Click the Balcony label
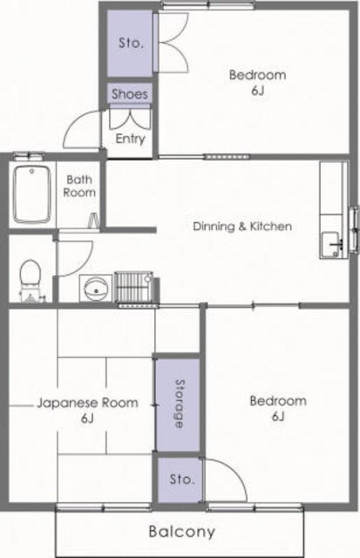tap(182, 532)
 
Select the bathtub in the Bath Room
tap(32, 194)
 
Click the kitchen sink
tap(331, 244)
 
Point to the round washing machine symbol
tap(96, 289)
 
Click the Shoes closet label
tap(130, 94)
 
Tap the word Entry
tap(130, 139)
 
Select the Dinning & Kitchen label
tap(242, 226)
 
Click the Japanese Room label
tap(87, 403)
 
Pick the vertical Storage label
tap(180, 404)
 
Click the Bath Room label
tap(79, 186)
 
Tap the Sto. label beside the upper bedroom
tap(131, 44)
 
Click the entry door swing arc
tap(73, 123)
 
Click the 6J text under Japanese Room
tap(87, 418)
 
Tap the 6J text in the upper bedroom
tap(257, 91)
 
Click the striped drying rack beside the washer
tap(134, 288)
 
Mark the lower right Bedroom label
tap(278, 401)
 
